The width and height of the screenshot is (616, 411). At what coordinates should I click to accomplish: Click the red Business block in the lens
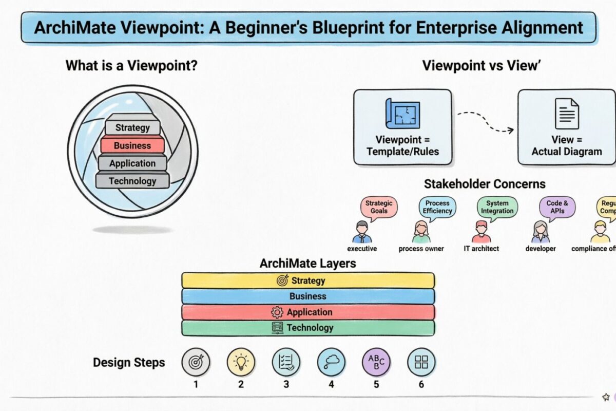[x=132, y=145]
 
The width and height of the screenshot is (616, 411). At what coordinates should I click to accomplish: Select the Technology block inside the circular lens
[x=132, y=181]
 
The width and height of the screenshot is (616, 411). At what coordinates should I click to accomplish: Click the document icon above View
[x=566, y=114]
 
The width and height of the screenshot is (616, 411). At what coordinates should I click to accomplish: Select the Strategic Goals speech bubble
[x=378, y=207]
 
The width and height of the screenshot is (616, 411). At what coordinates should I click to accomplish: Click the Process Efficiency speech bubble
[x=437, y=207]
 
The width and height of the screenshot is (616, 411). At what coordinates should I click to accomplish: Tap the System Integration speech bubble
[x=497, y=207]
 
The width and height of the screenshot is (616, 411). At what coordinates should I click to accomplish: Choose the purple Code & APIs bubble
[x=557, y=207]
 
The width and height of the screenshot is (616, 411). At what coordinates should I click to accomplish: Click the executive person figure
[x=362, y=232]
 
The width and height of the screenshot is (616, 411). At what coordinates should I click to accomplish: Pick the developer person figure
[x=541, y=232]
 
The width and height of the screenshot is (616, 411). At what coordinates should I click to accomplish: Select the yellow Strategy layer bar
[x=308, y=281]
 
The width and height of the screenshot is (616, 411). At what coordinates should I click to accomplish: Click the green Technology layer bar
[x=308, y=328]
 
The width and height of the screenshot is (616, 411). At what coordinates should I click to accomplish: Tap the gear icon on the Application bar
[x=277, y=312]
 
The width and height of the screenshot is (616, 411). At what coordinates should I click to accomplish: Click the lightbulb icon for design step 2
[x=241, y=362]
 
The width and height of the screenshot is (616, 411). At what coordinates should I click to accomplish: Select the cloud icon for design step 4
[x=331, y=362]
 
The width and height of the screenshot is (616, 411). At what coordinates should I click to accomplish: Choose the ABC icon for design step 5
[x=376, y=362]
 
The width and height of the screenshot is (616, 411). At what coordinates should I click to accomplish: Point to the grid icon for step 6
[x=421, y=362]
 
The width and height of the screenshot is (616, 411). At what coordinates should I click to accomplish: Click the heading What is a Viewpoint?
[x=132, y=66]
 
